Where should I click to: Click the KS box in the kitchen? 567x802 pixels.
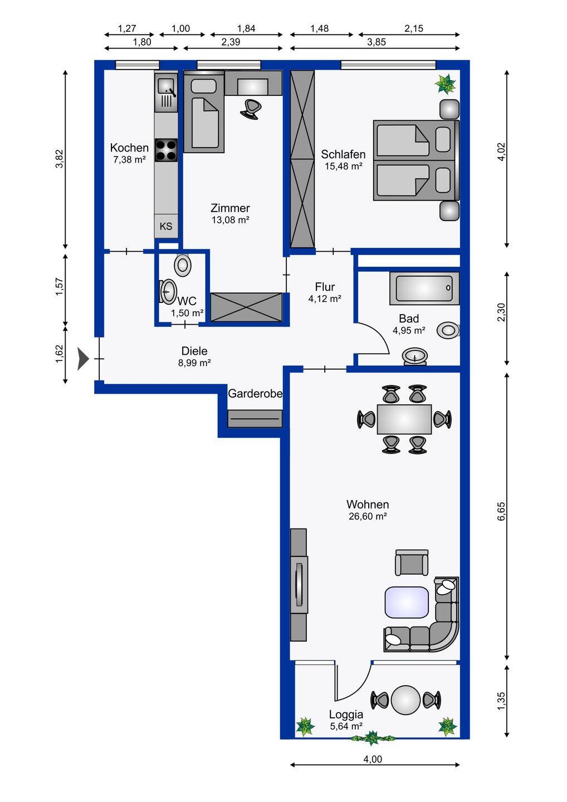pos(166,226)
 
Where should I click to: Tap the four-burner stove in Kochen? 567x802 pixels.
pos(166,150)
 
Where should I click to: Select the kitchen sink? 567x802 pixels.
pos(166,92)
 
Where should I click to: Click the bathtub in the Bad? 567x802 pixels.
pos(424,288)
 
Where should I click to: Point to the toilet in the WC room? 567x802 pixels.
pos(183,265)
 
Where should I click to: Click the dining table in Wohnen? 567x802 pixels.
pos(404,419)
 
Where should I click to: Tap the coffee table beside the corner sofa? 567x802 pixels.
pos(406,602)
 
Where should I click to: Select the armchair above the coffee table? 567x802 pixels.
pos(412,563)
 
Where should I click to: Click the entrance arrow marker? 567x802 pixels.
pos(83,359)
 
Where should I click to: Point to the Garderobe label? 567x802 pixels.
pos(255,394)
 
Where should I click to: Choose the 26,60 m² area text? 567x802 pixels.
pos(368,516)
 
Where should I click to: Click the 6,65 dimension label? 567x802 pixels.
pos(501,511)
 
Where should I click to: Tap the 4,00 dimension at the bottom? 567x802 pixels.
pos(373,759)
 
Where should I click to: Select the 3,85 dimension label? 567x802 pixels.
pos(377,42)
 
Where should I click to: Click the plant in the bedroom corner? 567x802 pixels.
pos(445,84)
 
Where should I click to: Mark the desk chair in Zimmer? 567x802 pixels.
pos(251,109)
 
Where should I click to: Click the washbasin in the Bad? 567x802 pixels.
pos(415,356)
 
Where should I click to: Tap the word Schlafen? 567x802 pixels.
pos(343,154)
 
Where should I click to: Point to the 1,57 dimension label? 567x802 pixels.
pos(59,287)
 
